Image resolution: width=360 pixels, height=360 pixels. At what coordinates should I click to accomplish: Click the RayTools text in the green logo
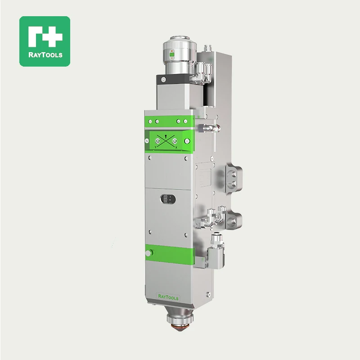tap(45, 55)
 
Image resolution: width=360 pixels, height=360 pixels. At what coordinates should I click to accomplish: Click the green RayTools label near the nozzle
tap(168, 297)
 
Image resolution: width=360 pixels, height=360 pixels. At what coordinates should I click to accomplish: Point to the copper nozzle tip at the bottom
tap(180, 328)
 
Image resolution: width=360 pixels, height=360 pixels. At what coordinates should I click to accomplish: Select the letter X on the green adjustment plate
tap(176, 148)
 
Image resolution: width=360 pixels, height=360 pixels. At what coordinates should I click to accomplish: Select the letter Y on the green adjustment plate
tap(156, 147)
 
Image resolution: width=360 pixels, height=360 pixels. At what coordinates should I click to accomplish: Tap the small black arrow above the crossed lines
tap(166, 137)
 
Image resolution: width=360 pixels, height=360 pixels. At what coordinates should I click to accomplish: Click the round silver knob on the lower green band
tap(148, 253)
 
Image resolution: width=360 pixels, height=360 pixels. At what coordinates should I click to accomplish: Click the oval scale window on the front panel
tap(168, 199)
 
